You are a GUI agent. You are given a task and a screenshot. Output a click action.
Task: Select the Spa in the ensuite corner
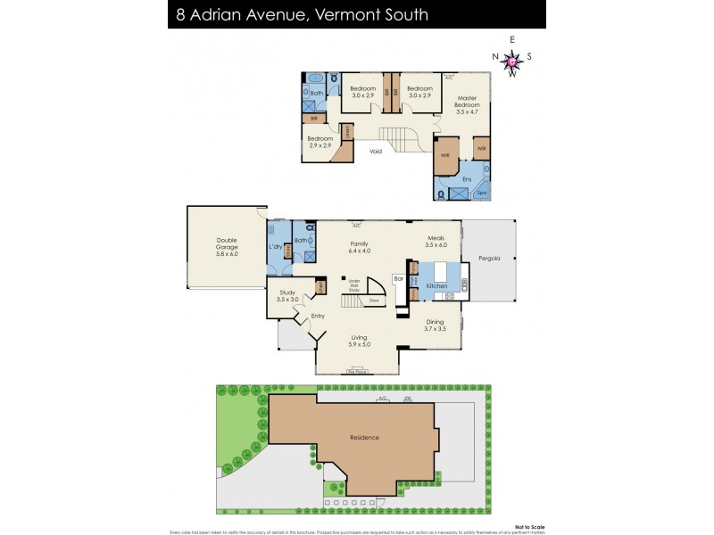[x=481, y=192]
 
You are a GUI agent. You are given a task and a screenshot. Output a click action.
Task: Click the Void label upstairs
[x=376, y=151]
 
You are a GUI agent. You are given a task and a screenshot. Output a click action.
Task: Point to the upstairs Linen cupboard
[x=347, y=134]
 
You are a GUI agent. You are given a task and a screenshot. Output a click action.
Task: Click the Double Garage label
[x=228, y=246]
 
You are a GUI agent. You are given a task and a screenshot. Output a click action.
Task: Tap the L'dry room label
[x=276, y=247]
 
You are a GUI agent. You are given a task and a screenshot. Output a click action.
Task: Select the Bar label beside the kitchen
[x=399, y=279]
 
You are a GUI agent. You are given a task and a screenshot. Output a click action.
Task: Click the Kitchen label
[x=436, y=285]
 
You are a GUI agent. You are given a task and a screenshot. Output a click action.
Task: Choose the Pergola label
[x=487, y=259]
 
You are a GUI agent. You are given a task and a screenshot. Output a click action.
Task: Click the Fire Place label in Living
[x=356, y=369]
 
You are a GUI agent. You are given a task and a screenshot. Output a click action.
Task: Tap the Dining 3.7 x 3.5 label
[x=435, y=325]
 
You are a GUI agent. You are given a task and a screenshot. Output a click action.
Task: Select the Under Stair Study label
[x=353, y=284]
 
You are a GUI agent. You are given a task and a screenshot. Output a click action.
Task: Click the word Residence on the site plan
[x=364, y=437]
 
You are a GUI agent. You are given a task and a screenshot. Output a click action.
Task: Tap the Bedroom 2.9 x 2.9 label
[x=320, y=142]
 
